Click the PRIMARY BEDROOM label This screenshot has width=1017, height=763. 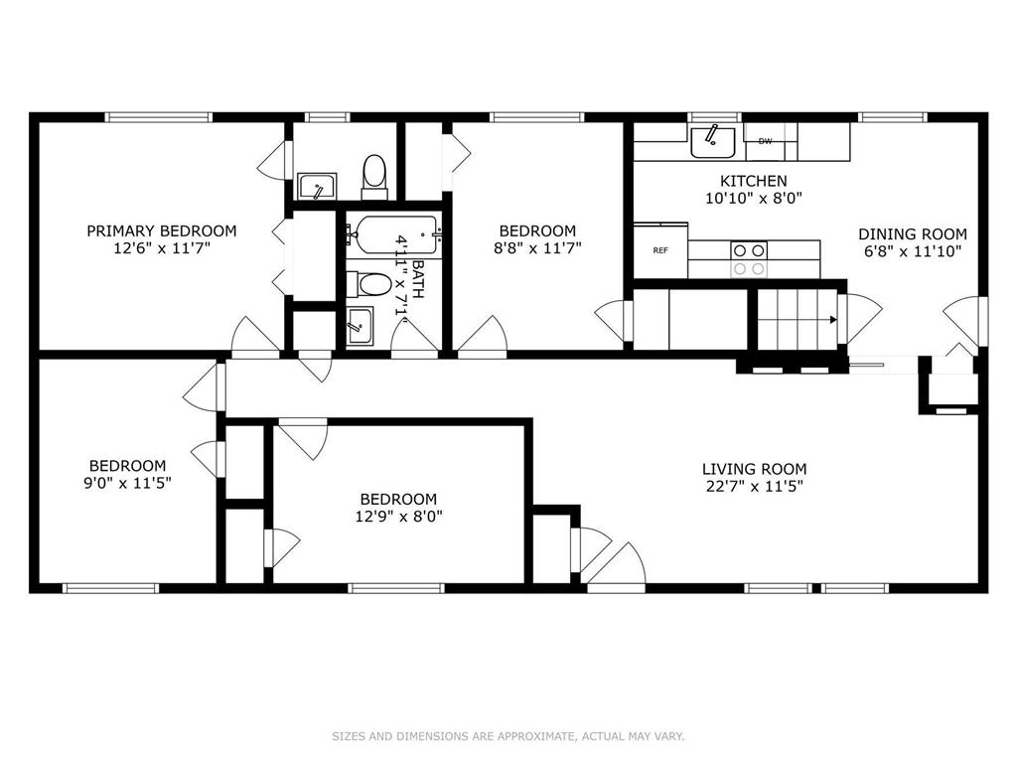pyautogui.click(x=162, y=230)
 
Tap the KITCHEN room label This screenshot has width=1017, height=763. pyautogui.click(x=754, y=181)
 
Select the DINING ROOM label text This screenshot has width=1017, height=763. pyautogui.click(x=913, y=234)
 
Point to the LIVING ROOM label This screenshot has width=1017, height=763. pyautogui.click(x=755, y=469)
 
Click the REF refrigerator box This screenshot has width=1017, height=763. pyautogui.click(x=660, y=250)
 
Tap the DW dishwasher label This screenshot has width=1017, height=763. pyautogui.click(x=766, y=141)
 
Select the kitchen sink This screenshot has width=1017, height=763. pyautogui.click(x=712, y=142)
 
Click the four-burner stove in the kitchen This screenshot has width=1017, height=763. pyautogui.click(x=749, y=259)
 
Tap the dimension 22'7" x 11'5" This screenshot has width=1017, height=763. pyautogui.click(x=755, y=487)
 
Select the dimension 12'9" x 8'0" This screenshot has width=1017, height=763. pyautogui.click(x=398, y=517)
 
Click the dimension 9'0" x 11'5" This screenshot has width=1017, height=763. pyautogui.click(x=127, y=483)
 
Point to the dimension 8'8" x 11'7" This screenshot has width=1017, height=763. pyautogui.click(x=537, y=247)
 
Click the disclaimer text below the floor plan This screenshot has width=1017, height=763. pyautogui.click(x=508, y=736)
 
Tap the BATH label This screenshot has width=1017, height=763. pyautogui.click(x=418, y=279)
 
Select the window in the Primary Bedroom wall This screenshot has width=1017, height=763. pyautogui.click(x=159, y=117)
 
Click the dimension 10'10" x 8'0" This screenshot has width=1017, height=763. pyautogui.click(x=754, y=198)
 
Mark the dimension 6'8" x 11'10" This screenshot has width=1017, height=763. pyautogui.click(x=913, y=251)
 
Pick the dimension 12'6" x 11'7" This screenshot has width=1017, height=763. pyautogui.click(x=162, y=247)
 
